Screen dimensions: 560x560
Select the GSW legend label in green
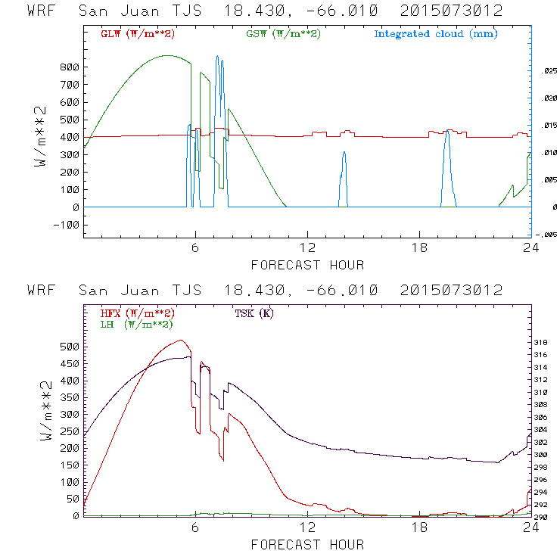pyautogui.click(x=284, y=34)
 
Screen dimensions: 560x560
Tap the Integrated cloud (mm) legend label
pyautogui.click(x=435, y=34)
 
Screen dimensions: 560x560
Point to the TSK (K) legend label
pyautogui.click(x=253, y=313)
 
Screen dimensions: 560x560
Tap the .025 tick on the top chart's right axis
pyautogui.click(x=548, y=71)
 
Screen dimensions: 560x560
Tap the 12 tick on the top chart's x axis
pyautogui.click(x=307, y=248)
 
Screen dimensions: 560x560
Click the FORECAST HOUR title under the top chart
pyautogui.click(x=307, y=265)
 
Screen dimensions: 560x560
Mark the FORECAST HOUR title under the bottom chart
pyautogui.click(x=307, y=545)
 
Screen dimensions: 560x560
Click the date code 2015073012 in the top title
pyautogui.click(x=451, y=11)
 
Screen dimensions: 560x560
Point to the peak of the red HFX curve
pyautogui.click(x=179, y=341)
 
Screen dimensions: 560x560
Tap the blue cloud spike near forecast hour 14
pyautogui.click(x=344, y=154)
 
